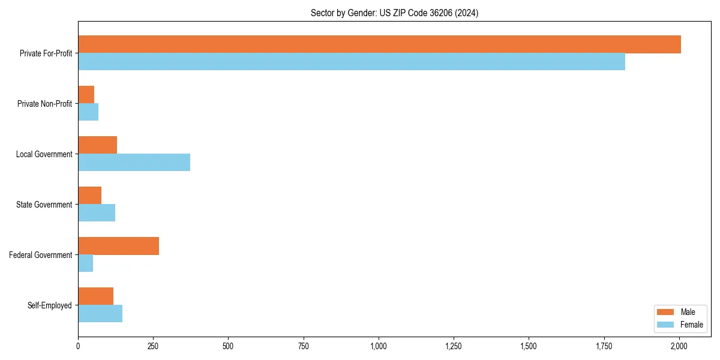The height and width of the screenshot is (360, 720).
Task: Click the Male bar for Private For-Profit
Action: (x=379, y=44)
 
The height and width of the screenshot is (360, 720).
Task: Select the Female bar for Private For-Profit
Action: (x=352, y=62)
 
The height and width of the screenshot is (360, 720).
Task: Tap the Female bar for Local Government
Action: (x=134, y=163)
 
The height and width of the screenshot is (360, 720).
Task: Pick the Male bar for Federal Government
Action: (x=118, y=246)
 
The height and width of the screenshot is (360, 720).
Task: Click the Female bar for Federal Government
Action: (x=85, y=263)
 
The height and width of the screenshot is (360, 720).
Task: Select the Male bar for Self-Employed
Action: (x=95, y=296)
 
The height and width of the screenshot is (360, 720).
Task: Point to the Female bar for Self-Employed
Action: (x=100, y=314)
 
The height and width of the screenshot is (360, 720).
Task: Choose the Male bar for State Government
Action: (x=89, y=196)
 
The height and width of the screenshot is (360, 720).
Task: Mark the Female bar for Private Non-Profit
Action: (x=88, y=112)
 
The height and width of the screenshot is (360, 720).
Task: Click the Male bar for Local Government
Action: (x=97, y=145)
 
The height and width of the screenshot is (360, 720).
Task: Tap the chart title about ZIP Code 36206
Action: (x=394, y=13)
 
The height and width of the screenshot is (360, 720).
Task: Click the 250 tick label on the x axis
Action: (x=153, y=346)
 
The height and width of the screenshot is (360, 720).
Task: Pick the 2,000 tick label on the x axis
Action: (x=679, y=346)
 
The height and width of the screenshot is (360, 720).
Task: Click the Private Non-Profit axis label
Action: (x=44, y=104)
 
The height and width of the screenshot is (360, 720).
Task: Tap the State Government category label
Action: (x=44, y=205)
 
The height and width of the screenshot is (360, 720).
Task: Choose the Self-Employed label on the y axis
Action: (x=50, y=305)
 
